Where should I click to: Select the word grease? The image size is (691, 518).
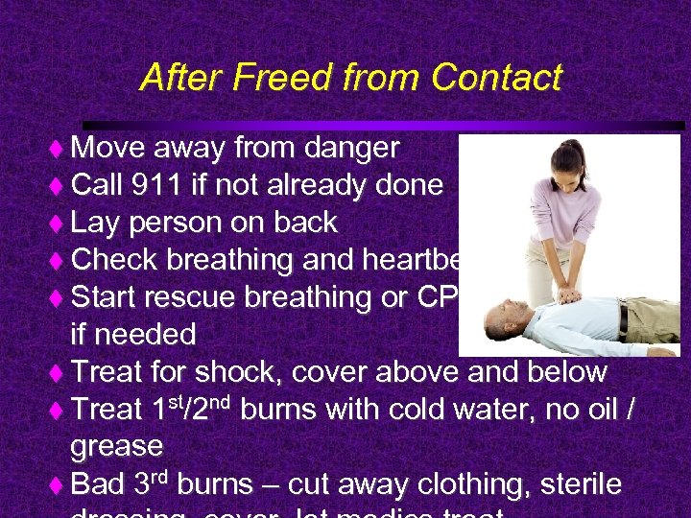[117, 446]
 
